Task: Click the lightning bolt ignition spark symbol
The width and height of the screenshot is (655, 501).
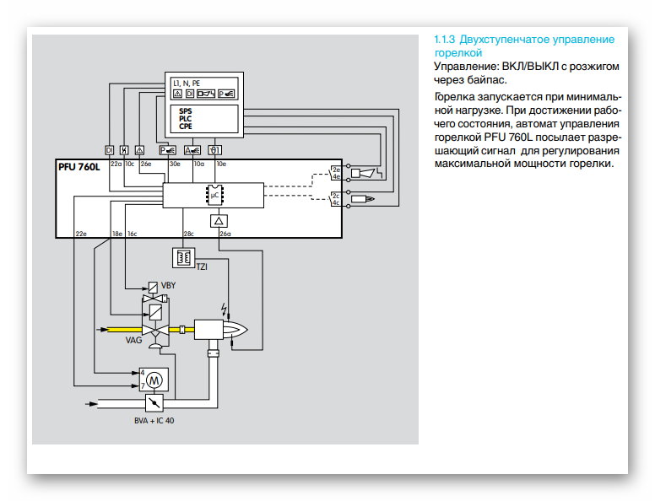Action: point(224,307)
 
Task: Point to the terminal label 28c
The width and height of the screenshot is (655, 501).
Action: point(189,234)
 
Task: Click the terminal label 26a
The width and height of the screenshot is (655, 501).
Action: point(225,234)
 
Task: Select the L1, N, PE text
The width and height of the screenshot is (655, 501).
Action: point(187,83)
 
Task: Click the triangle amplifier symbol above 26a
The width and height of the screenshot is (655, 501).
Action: point(219,219)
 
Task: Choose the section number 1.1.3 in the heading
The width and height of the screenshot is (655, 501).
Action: point(444,40)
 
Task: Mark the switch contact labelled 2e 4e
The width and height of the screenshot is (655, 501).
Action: point(335,174)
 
